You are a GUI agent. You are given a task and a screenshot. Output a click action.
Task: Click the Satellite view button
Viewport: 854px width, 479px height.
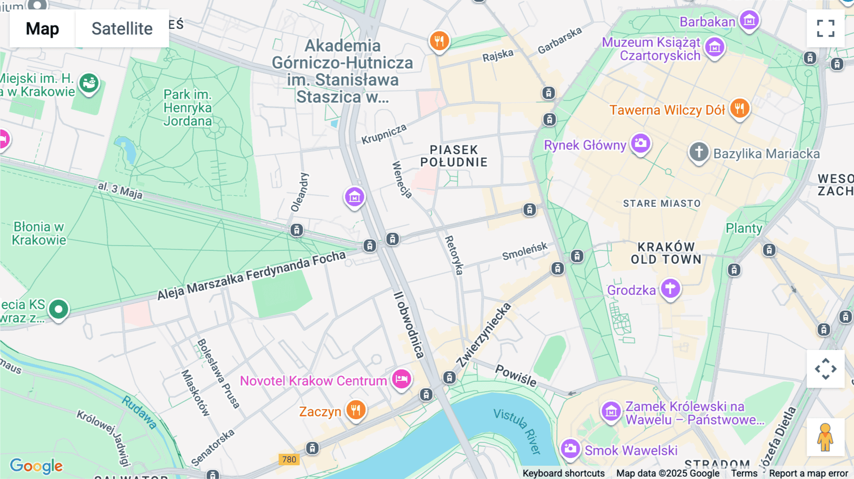pyautogui.click(x=122, y=28)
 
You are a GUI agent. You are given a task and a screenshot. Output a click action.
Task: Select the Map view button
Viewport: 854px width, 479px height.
pyautogui.click(x=42, y=28)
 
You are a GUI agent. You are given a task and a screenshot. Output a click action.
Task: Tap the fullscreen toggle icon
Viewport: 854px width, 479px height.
pyautogui.click(x=826, y=28)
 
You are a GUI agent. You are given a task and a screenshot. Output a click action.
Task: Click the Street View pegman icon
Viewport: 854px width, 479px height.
pyautogui.click(x=825, y=437)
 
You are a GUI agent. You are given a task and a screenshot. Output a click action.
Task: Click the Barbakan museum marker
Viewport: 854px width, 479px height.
pyautogui.click(x=749, y=20)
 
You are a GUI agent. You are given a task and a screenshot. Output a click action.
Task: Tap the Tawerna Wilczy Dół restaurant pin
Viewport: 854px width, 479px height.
pyautogui.click(x=739, y=108)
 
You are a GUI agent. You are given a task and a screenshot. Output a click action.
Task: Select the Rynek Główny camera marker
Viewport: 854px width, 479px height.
pyautogui.click(x=640, y=143)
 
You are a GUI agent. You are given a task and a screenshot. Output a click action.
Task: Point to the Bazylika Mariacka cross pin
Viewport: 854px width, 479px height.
pyautogui.click(x=698, y=152)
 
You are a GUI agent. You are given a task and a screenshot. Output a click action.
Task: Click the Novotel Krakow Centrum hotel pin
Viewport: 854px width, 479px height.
pyautogui.click(x=401, y=379)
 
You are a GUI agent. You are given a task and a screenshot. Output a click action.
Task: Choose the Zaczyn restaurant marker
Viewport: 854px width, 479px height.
pyautogui.click(x=355, y=410)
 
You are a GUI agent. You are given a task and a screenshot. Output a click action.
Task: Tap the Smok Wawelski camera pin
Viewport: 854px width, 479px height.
pyautogui.click(x=570, y=448)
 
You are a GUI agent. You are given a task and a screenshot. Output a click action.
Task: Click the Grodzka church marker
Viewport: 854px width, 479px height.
pyautogui.click(x=670, y=288)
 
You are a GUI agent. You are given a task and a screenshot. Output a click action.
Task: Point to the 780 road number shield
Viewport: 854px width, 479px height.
pyautogui.click(x=289, y=459)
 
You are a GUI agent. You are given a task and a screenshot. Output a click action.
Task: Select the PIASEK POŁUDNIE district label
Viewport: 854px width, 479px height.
pyautogui.click(x=454, y=156)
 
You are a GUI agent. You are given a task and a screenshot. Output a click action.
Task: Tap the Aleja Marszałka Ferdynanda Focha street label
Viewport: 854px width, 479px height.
pyautogui.click(x=251, y=275)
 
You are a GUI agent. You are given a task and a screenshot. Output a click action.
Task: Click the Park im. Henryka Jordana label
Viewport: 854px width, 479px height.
pyautogui.click(x=187, y=108)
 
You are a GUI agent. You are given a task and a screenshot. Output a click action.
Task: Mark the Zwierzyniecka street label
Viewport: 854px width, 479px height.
pyautogui.click(x=484, y=334)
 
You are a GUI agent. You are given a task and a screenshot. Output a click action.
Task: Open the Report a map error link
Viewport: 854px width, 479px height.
pyautogui.click(x=808, y=473)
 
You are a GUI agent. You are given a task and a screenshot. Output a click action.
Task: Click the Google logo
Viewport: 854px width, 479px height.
pyautogui.click(x=36, y=466)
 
